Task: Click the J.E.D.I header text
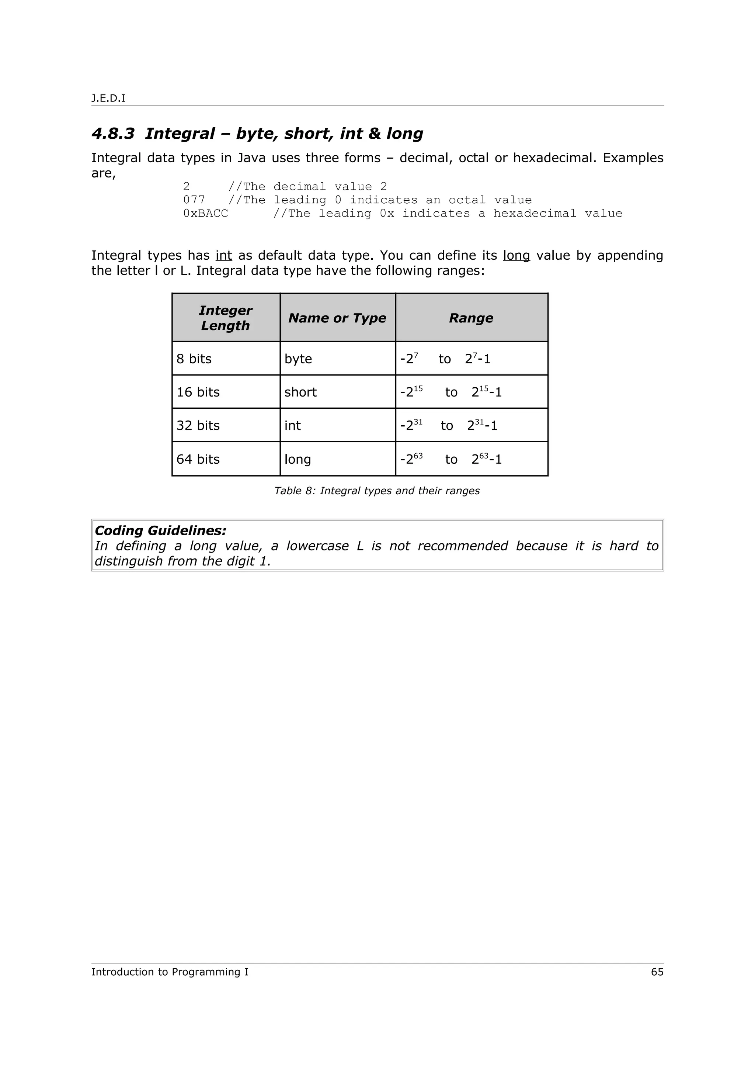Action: pyautogui.click(x=108, y=98)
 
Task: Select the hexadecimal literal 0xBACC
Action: pyautogui.click(x=206, y=213)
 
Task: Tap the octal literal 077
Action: pyautogui.click(x=194, y=200)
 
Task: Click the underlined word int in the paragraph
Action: pyautogui.click(x=224, y=255)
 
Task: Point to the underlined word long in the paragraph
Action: pyautogui.click(x=516, y=255)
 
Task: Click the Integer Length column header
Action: pyautogui.click(x=226, y=318)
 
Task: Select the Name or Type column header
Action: pyautogui.click(x=337, y=318)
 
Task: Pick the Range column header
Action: pyautogui.click(x=471, y=318)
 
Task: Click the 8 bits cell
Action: pyautogui.click(x=194, y=359)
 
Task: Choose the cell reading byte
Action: pyautogui.click(x=298, y=359)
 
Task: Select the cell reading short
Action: pyautogui.click(x=300, y=392)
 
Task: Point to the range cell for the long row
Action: pyautogui.click(x=451, y=459)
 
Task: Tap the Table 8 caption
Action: pyautogui.click(x=377, y=491)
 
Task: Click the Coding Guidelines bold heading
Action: pyautogui.click(x=160, y=530)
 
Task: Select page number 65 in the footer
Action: pyautogui.click(x=657, y=972)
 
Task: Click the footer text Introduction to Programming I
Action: pyautogui.click(x=170, y=972)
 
